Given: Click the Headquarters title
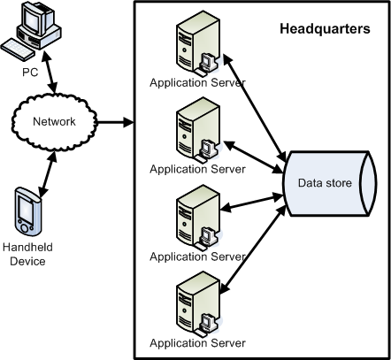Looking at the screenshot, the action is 325,29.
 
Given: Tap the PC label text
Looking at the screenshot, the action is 30,73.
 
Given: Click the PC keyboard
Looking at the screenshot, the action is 18,50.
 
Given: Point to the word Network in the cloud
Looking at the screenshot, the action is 54,121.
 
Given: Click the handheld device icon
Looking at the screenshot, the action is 27,211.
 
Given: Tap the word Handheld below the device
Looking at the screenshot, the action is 27,247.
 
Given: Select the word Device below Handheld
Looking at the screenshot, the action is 27,261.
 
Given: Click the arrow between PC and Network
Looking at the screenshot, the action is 49,72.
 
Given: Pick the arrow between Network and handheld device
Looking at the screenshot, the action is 48,174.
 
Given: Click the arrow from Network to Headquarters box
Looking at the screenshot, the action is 115,122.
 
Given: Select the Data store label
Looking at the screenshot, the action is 325,183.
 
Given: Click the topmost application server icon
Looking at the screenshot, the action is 198,43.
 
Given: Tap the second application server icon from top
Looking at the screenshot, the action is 198,130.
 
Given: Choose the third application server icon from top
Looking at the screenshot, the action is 198,218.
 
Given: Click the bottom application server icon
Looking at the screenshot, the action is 198,304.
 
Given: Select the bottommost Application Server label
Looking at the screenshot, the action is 197,343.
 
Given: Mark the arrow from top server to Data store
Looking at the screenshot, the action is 255,108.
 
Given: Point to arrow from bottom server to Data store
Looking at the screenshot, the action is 253,249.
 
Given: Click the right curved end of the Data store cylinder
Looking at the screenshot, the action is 368,184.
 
